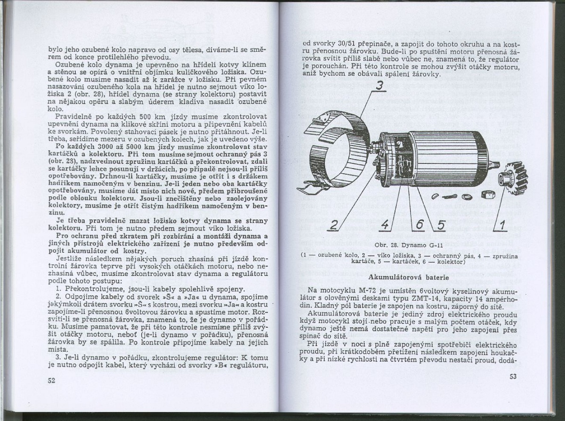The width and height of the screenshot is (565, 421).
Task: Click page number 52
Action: [52, 380]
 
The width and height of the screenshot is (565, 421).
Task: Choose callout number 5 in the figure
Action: [440, 225]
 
